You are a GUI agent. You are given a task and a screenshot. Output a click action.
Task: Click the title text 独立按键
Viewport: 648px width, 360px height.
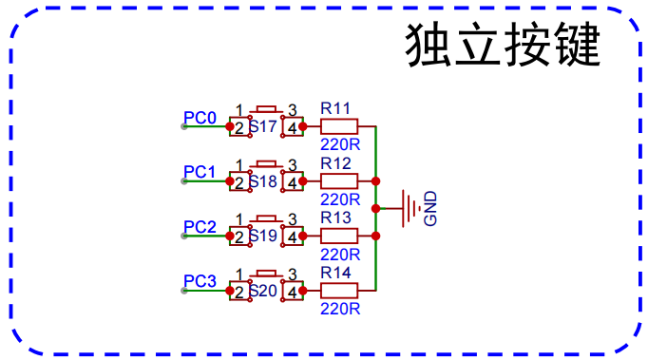504,44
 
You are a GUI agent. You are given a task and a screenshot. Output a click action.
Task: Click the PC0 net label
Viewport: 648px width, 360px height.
200,118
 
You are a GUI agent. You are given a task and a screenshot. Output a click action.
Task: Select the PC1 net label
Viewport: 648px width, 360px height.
200,172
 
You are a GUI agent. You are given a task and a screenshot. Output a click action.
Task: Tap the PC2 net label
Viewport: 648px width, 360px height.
200,227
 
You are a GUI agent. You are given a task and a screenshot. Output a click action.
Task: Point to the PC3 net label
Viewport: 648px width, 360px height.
200,281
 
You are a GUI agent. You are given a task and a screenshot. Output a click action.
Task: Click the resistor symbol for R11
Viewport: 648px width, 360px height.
338,126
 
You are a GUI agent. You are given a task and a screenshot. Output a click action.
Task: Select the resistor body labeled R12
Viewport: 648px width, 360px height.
338,180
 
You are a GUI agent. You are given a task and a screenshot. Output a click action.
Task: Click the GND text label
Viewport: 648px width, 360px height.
430,209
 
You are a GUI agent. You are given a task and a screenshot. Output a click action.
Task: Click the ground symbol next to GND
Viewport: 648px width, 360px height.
410,207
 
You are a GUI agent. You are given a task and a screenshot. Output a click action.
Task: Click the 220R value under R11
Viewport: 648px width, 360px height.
340,145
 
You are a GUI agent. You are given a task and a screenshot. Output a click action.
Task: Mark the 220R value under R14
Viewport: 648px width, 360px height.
340,309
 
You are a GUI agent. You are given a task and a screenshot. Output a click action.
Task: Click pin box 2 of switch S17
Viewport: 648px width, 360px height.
239,127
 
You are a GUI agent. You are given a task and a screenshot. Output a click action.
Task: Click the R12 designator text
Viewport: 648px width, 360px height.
336,162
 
